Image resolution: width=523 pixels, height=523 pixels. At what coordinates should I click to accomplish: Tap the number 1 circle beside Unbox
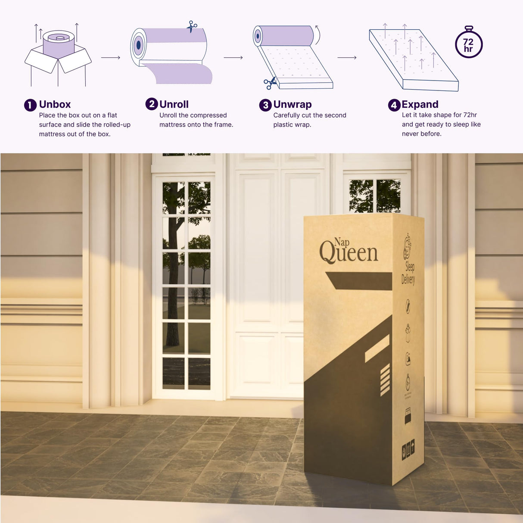click(30, 105)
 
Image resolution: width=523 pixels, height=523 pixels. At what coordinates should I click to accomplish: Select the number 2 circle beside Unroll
click(151, 104)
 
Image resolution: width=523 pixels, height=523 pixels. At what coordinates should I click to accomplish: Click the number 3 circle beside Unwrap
click(265, 105)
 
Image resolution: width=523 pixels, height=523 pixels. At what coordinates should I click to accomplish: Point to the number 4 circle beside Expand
click(394, 105)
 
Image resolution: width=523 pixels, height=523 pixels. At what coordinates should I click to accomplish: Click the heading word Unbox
click(55, 104)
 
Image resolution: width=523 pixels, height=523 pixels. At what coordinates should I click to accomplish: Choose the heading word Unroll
click(174, 104)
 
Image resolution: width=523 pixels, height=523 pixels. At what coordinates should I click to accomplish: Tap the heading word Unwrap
click(293, 104)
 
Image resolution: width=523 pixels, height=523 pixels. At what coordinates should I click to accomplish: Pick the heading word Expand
click(420, 104)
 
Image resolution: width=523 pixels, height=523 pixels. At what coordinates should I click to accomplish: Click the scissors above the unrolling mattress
click(191, 27)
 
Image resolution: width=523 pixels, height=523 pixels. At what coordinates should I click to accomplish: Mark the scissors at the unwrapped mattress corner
click(270, 83)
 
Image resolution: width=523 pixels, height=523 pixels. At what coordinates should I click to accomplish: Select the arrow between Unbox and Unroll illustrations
click(111, 57)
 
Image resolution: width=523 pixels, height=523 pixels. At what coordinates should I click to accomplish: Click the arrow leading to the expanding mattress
click(347, 57)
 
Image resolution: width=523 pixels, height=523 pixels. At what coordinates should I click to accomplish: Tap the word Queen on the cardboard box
click(349, 252)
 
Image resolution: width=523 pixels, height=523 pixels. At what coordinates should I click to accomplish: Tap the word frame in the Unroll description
click(223, 125)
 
